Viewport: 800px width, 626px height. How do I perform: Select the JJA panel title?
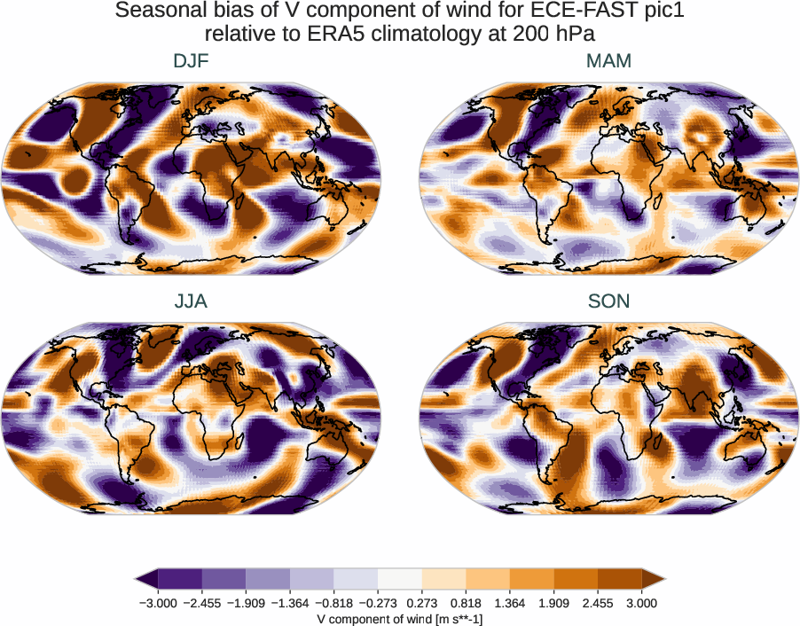tap(192, 301)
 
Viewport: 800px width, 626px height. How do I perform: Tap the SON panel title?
tap(608, 301)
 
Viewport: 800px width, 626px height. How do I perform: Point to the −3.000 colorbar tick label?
tap(158, 603)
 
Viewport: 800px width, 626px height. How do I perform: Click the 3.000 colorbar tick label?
tap(641, 603)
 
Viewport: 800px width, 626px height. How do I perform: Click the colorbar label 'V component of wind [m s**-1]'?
tap(400, 619)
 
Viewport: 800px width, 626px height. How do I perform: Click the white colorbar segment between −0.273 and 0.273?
tap(400, 580)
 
